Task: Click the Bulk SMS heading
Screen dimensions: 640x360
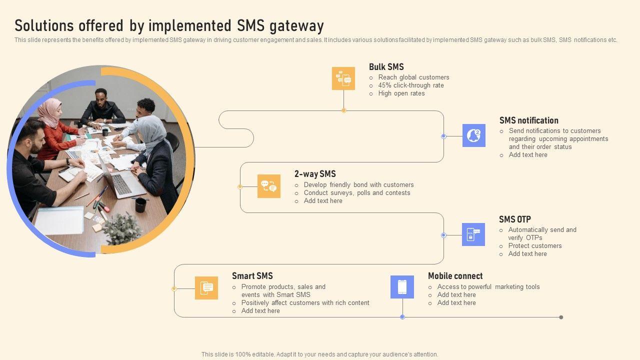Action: tap(386, 67)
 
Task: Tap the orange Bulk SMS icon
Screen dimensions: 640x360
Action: tap(343, 78)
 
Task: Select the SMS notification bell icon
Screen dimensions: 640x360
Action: tap(473, 135)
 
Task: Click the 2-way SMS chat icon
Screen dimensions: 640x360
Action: tap(268, 186)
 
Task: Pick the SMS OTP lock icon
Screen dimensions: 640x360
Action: tap(473, 234)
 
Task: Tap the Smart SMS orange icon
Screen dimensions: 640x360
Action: tap(206, 288)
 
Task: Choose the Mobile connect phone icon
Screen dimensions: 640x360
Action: tap(402, 287)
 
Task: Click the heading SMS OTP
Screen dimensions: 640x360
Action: tap(514, 219)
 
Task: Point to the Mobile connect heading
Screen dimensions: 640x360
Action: tap(455, 276)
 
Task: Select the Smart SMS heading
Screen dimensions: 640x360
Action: tap(252, 276)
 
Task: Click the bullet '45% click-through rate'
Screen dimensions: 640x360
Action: tap(410, 85)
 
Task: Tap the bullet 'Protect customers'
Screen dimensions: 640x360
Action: tap(534, 246)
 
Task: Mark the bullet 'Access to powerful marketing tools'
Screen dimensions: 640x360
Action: tap(488, 287)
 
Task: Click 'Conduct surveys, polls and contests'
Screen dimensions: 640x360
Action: tap(356, 193)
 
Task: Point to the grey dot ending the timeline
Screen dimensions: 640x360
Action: tap(561, 317)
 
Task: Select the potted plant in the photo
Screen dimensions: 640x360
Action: tap(121, 228)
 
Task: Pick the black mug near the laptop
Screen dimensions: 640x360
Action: tap(140, 204)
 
